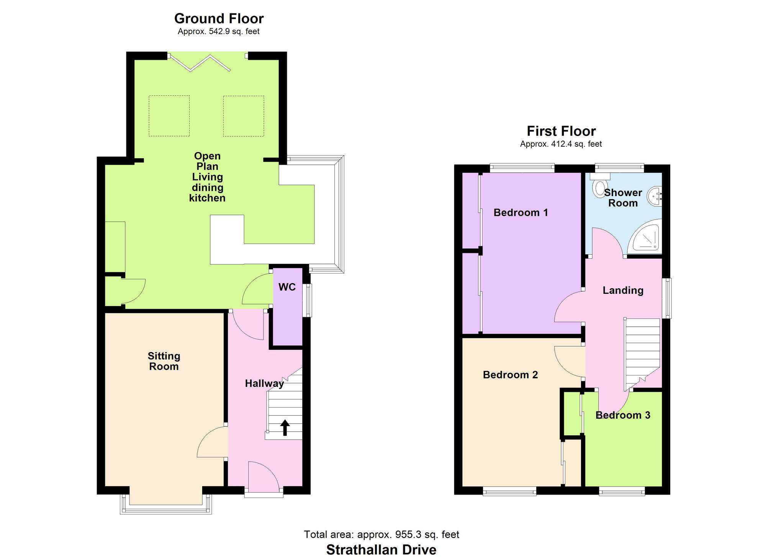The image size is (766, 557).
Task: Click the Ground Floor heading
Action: (219, 18)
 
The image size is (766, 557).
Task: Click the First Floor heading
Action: (561, 131)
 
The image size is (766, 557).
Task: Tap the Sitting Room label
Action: (164, 361)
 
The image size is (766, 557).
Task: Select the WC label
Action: (287, 287)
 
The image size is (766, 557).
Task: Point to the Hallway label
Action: (264, 383)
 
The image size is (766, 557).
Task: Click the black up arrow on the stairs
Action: (285, 428)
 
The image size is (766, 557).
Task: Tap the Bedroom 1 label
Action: (520, 212)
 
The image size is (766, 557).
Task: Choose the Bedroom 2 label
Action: (510, 375)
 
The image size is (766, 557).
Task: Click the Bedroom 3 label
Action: (623, 415)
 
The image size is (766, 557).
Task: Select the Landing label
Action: (623, 290)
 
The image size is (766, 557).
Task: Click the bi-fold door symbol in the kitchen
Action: (200, 62)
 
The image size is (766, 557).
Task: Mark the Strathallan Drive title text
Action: (381, 550)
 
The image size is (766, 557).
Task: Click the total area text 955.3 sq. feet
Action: (408, 534)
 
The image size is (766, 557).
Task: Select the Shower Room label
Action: (623, 198)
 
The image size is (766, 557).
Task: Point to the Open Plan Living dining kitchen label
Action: (207, 177)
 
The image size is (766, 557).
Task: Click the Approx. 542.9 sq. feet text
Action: (219, 31)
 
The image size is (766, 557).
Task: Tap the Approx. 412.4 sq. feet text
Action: (561, 144)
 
